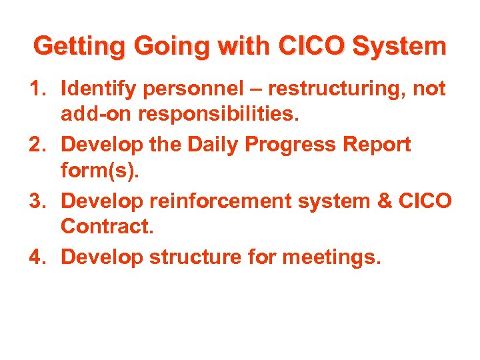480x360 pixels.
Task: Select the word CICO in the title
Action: (312, 47)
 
